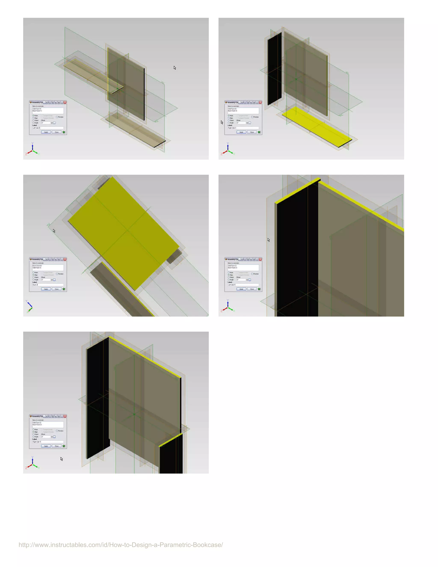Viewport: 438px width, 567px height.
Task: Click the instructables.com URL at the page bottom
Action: tap(121, 545)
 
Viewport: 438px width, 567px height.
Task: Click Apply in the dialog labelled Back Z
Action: tap(46, 289)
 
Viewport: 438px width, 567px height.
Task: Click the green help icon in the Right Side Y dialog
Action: tap(64, 446)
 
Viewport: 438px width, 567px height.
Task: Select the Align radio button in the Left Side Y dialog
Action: tap(229, 275)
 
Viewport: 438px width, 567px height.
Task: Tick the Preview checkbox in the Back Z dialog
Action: tap(57, 274)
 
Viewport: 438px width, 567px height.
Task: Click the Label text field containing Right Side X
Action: tap(243, 128)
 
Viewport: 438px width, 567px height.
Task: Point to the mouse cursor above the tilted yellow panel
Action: tap(54, 231)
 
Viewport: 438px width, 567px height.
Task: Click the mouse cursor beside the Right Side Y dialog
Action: tap(62, 459)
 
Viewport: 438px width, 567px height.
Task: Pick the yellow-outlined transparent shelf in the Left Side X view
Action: tap(88, 75)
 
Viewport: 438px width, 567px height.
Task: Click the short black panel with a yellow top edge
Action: tap(171, 454)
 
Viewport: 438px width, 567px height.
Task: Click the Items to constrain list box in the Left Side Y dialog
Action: tap(243, 267)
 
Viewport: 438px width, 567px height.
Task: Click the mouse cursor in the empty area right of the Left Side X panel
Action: tap(175, 68)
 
